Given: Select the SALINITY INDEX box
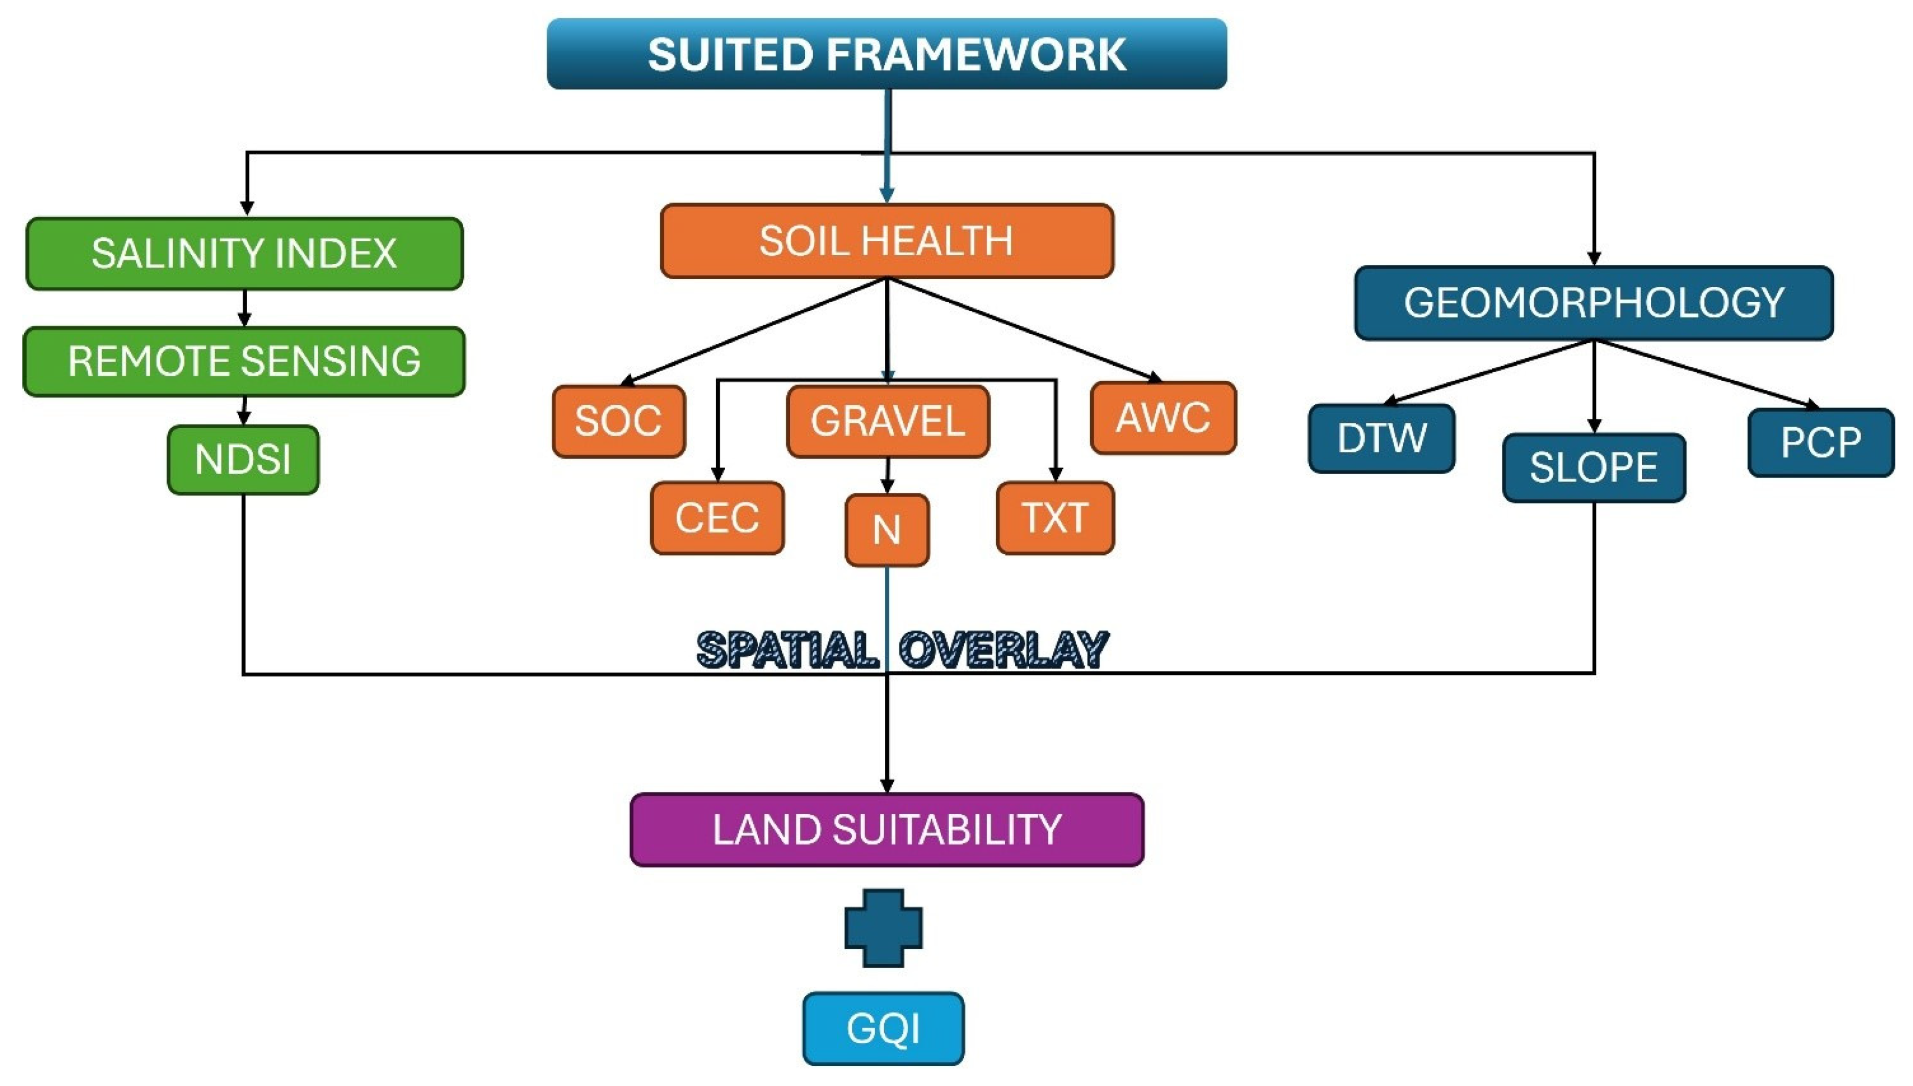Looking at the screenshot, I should [244, 254].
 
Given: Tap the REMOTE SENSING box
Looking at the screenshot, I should [244, 361].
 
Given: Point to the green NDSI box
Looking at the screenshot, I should [243, 459].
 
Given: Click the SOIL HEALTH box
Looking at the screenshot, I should [887, 241].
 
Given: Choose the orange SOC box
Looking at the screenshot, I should [618, 421].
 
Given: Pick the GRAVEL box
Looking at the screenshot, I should [888, 421].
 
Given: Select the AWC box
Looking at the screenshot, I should [1163, 418].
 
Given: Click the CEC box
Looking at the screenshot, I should [717, 518].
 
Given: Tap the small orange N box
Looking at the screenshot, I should [887, 529].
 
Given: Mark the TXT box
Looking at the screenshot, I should [1055, 518].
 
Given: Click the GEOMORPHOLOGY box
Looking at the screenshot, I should [1594, 303].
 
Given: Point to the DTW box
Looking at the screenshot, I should [1381, 439].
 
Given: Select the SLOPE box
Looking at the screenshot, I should [1594, 468].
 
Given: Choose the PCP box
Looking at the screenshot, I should [1821, 443].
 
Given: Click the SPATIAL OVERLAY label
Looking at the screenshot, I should [902, 649].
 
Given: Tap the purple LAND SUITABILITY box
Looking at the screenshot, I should [887, 829].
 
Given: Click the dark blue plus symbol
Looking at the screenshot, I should [884, 928].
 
